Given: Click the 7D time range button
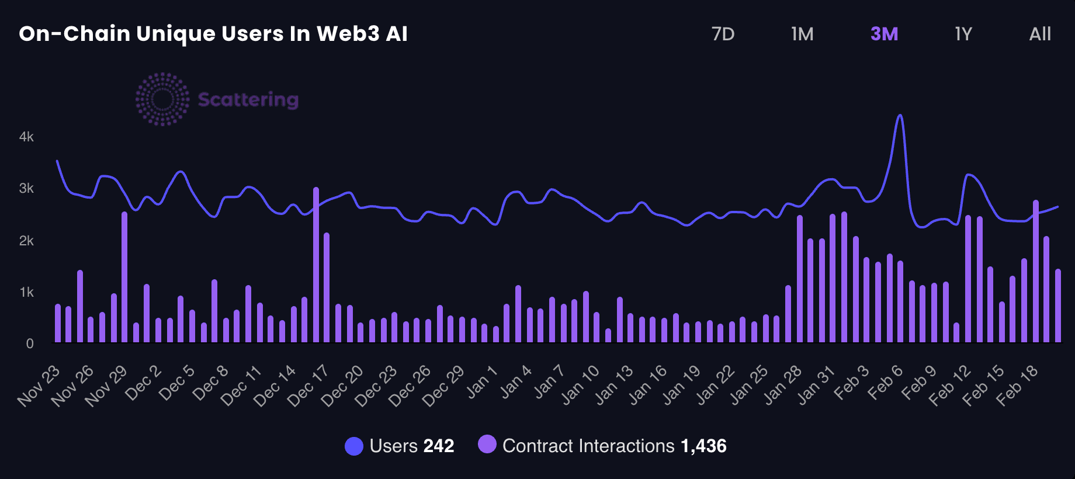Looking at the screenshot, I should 723,34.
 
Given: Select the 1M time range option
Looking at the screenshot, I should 802,34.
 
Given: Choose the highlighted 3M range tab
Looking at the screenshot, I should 884,34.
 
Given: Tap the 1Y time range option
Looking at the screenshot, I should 963,34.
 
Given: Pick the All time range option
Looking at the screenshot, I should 1040,34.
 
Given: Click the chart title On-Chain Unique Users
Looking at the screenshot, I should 213,34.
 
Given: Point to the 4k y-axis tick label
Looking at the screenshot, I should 26,137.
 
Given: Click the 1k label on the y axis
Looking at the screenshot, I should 26,292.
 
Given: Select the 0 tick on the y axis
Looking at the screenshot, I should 30,343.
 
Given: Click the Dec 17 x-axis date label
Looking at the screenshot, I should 308,385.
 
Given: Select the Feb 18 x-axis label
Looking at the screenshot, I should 1018,385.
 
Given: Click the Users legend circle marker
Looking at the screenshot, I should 354,446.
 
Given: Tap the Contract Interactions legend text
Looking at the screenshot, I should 588,446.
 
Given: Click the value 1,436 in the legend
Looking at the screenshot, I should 703,446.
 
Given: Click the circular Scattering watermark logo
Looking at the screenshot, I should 162,99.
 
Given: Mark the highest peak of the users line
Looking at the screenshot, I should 900,116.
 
